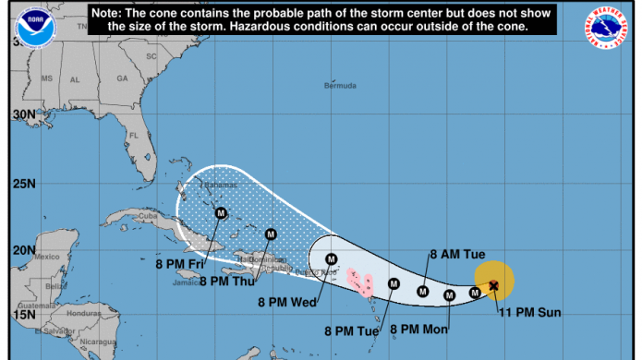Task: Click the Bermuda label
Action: (340, 86)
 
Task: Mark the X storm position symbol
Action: (493, 285)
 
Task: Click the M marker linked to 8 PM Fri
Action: (220, 213)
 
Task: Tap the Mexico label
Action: (48, 257)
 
